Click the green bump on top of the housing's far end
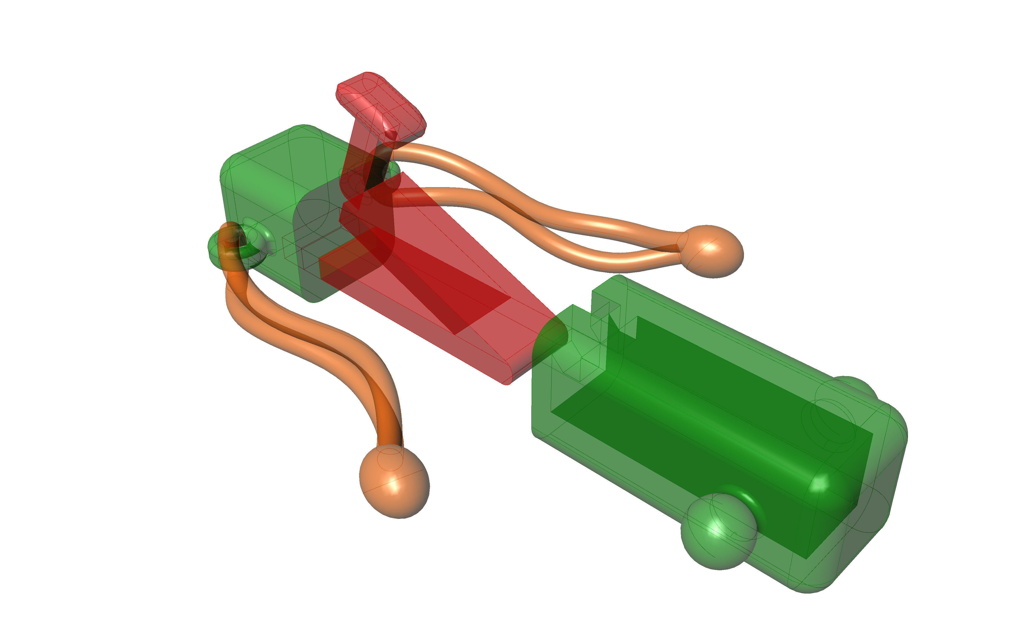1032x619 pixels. [x=851, y=388]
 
